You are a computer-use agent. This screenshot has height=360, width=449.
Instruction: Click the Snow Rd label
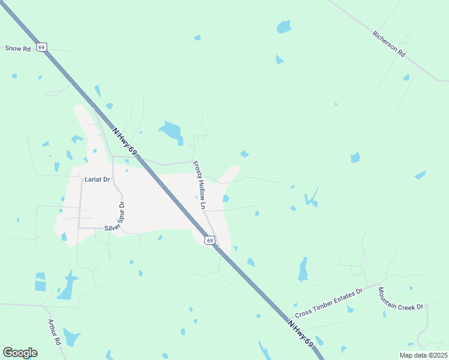17,49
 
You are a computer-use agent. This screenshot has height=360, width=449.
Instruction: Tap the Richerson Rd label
389,44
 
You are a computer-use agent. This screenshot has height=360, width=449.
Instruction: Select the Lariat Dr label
98,179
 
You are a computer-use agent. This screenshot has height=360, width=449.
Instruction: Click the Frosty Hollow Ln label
199,185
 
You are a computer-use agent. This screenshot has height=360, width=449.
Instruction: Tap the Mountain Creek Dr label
400,299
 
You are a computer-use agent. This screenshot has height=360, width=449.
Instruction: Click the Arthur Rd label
55,331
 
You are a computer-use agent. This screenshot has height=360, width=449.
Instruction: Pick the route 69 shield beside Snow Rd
41,47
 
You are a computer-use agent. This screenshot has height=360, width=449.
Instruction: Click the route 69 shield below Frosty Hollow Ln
208,240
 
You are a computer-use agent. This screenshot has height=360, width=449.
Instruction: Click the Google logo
20,353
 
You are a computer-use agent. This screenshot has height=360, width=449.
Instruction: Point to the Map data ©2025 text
423,355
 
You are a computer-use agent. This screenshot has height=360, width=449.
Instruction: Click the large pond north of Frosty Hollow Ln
172,132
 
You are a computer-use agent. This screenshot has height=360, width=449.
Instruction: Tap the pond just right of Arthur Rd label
71,337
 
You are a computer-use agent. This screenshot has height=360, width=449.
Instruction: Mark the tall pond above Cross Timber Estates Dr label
303,269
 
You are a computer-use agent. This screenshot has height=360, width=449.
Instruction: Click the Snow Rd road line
54,50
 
